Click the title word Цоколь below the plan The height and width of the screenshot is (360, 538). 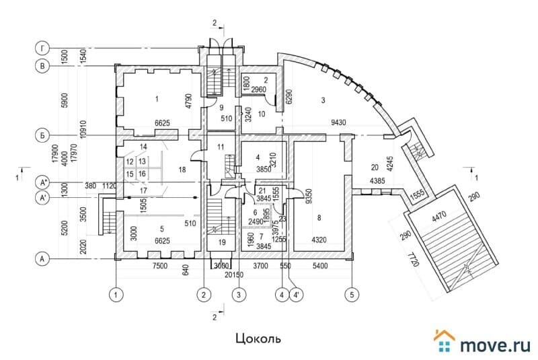(258, 338)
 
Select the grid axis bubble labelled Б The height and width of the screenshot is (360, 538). (42, 135)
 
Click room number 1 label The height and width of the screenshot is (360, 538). (155, 100)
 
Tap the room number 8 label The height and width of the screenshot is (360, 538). (319, 217)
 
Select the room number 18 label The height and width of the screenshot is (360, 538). (182, 170)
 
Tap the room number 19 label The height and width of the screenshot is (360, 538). (222, 242)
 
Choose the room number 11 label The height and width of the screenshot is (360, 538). (220, 147)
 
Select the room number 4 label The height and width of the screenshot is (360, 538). (258, 157)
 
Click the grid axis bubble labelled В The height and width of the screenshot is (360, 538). (42, 66)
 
